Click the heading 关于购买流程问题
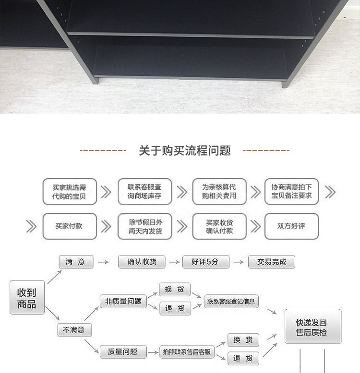[185, 151]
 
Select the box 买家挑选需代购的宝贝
[69, 192]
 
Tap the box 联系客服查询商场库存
[144, 192]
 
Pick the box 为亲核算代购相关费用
[219, 192]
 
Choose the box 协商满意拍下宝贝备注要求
[291, 192]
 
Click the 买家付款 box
[69, 226]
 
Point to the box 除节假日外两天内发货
[144, 226]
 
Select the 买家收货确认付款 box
[219, 226]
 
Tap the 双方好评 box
[291, 226]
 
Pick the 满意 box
[76, 262]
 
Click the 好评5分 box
[205, 262]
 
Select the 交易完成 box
[271, 262]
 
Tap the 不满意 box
[74, 330]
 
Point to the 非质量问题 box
[123, 301]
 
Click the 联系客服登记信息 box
[231, 301]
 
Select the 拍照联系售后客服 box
[187, 352]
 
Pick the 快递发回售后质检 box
[312, 326]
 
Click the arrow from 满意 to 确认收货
[102, 262]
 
